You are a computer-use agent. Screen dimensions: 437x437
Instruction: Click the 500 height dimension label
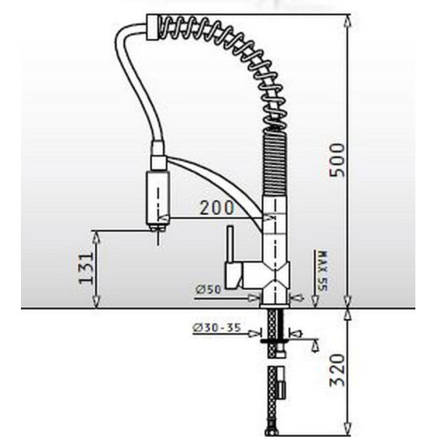(x=337, y=159)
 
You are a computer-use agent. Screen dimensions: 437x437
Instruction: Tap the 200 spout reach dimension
(x=217, y=208)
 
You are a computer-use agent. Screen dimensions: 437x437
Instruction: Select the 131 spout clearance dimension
(x=87, y=268)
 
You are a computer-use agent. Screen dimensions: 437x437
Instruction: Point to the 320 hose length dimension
(x=337, y=370)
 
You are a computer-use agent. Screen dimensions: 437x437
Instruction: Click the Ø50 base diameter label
(x=208, y=289)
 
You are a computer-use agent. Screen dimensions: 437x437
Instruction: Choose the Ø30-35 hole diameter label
(x=216, y=327)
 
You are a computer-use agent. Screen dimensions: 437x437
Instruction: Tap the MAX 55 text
(x=323, y=271)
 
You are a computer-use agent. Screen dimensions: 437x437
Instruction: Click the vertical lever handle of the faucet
(x=231, y=244)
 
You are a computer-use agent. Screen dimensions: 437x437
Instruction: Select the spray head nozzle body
(x=158, y=198)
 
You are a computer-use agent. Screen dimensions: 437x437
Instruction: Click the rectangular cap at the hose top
(x=152, y=27)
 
